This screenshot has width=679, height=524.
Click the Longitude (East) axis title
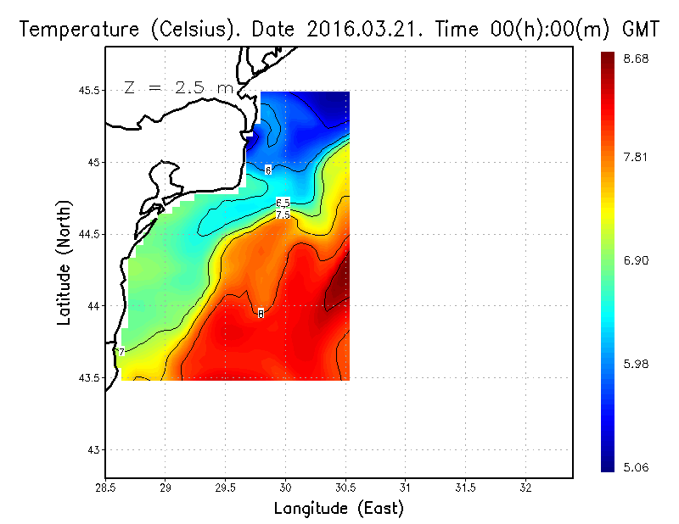(339, 509)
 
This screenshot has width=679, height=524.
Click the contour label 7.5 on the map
(283, 215)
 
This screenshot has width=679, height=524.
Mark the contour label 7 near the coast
(121, 352)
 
